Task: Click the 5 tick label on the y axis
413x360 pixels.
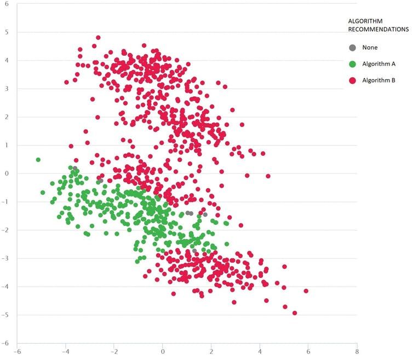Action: click(x=8, y=32)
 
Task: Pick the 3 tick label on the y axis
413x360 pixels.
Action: click(x=8, y=89)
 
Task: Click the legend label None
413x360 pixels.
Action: click(x=370, y=48)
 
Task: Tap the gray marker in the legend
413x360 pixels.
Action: click(x=353, y=48)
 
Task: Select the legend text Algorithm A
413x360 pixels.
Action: click(x=379, y=64)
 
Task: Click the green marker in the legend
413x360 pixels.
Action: click(x=353, y=64)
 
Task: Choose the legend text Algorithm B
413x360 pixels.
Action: click(x=379, y=80)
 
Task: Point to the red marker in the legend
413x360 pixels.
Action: click(x=353, y=80)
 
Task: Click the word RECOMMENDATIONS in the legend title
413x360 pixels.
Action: click(x=378, y=30)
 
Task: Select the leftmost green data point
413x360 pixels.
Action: click(x=38, y=160)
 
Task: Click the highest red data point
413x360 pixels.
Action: click(x=98, y=38)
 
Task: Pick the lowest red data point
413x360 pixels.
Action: click(x=295, y=313)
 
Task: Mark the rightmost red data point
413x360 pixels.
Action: click(x=306, y=291)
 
